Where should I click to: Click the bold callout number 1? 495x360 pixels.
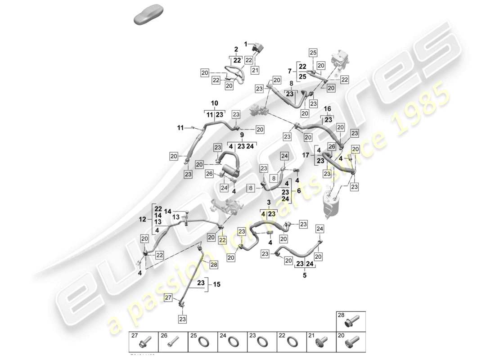pyautogui.click(x=246, y=44)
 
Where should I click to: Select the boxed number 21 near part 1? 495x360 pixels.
pyautogui.click(x=255, y=70)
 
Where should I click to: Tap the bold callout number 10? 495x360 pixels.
pyautogui.click(x=214, y=103)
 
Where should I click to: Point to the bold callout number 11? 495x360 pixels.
pyautogui.click(x=180, y=128)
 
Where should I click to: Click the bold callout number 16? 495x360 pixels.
pyautogui.click(x=327, y=109)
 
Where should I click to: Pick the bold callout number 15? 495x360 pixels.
pyautogui.click(x=217, y=284)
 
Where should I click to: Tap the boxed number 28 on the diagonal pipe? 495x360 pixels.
pyautogui.click(x=213, y=265)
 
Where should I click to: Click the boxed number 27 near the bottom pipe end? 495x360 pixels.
pyautogui.click(x=168, y=297)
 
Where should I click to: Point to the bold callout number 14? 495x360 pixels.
pyautogui.click(x=167, y=211)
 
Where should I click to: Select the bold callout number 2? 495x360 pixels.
pyautogui.click(x=235, y=49)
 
